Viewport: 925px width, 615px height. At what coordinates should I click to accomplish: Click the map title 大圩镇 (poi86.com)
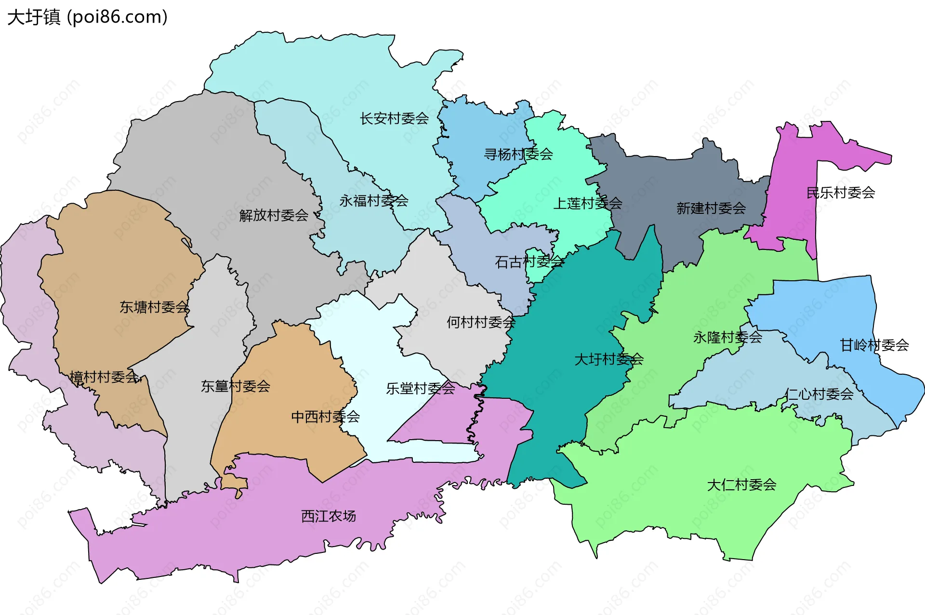point(87,17)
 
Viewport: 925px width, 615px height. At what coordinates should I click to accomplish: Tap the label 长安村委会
point(394,118)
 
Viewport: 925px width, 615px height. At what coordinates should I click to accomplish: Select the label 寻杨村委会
point(518,155)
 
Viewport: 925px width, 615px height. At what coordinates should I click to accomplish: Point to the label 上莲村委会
point(587,204)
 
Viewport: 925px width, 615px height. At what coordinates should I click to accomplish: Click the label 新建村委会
point(711,209)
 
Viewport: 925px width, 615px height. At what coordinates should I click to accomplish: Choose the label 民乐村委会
point(841,193)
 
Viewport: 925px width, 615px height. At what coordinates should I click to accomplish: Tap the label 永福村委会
point(373,201)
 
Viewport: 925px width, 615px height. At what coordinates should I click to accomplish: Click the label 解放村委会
point(274,215)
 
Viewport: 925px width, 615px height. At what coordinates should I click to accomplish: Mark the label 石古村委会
point(529,262)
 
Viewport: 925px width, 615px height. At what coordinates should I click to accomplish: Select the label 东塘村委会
point(154,307)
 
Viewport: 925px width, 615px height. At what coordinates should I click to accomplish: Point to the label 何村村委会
point(481,322)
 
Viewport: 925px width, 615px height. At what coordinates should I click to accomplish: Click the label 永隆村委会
point(727,338)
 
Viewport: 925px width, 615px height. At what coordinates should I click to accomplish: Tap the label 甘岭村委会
point(874,345)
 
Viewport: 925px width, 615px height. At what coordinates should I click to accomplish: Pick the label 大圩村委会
point(609,359)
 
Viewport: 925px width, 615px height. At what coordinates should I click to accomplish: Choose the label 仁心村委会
point(819,394)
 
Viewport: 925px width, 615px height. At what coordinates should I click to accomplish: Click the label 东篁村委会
point(236,386)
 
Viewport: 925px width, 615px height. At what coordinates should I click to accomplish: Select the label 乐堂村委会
point(420,389)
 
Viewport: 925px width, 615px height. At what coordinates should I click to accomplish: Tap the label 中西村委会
point(325,417)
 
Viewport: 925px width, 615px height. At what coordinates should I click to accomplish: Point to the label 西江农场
point(328,516)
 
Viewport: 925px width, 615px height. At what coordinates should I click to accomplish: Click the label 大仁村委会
point(741,485)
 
